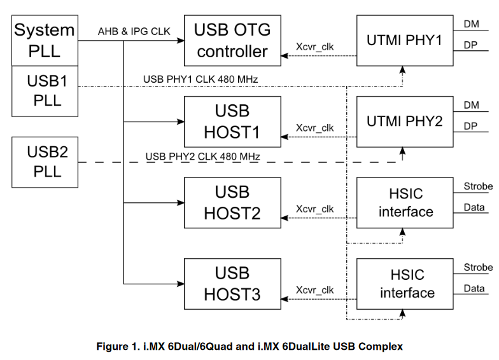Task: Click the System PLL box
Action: click(45, 40)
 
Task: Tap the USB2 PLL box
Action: click(45, 163)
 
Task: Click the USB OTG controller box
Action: click(232, 41)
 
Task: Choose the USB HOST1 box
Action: click(232, 122)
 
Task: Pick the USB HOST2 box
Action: click(232, 203)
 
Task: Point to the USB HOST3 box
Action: click(232, 284)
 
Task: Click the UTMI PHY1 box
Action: click(404, 41)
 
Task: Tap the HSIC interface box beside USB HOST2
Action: click(404, 203)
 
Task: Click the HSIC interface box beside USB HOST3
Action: click(404, 284)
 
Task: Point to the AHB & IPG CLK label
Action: click(134, 31)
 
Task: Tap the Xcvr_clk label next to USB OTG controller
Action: click(314, 47)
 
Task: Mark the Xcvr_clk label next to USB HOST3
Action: click(314, 290)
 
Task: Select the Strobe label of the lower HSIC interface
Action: click(478, 267)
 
